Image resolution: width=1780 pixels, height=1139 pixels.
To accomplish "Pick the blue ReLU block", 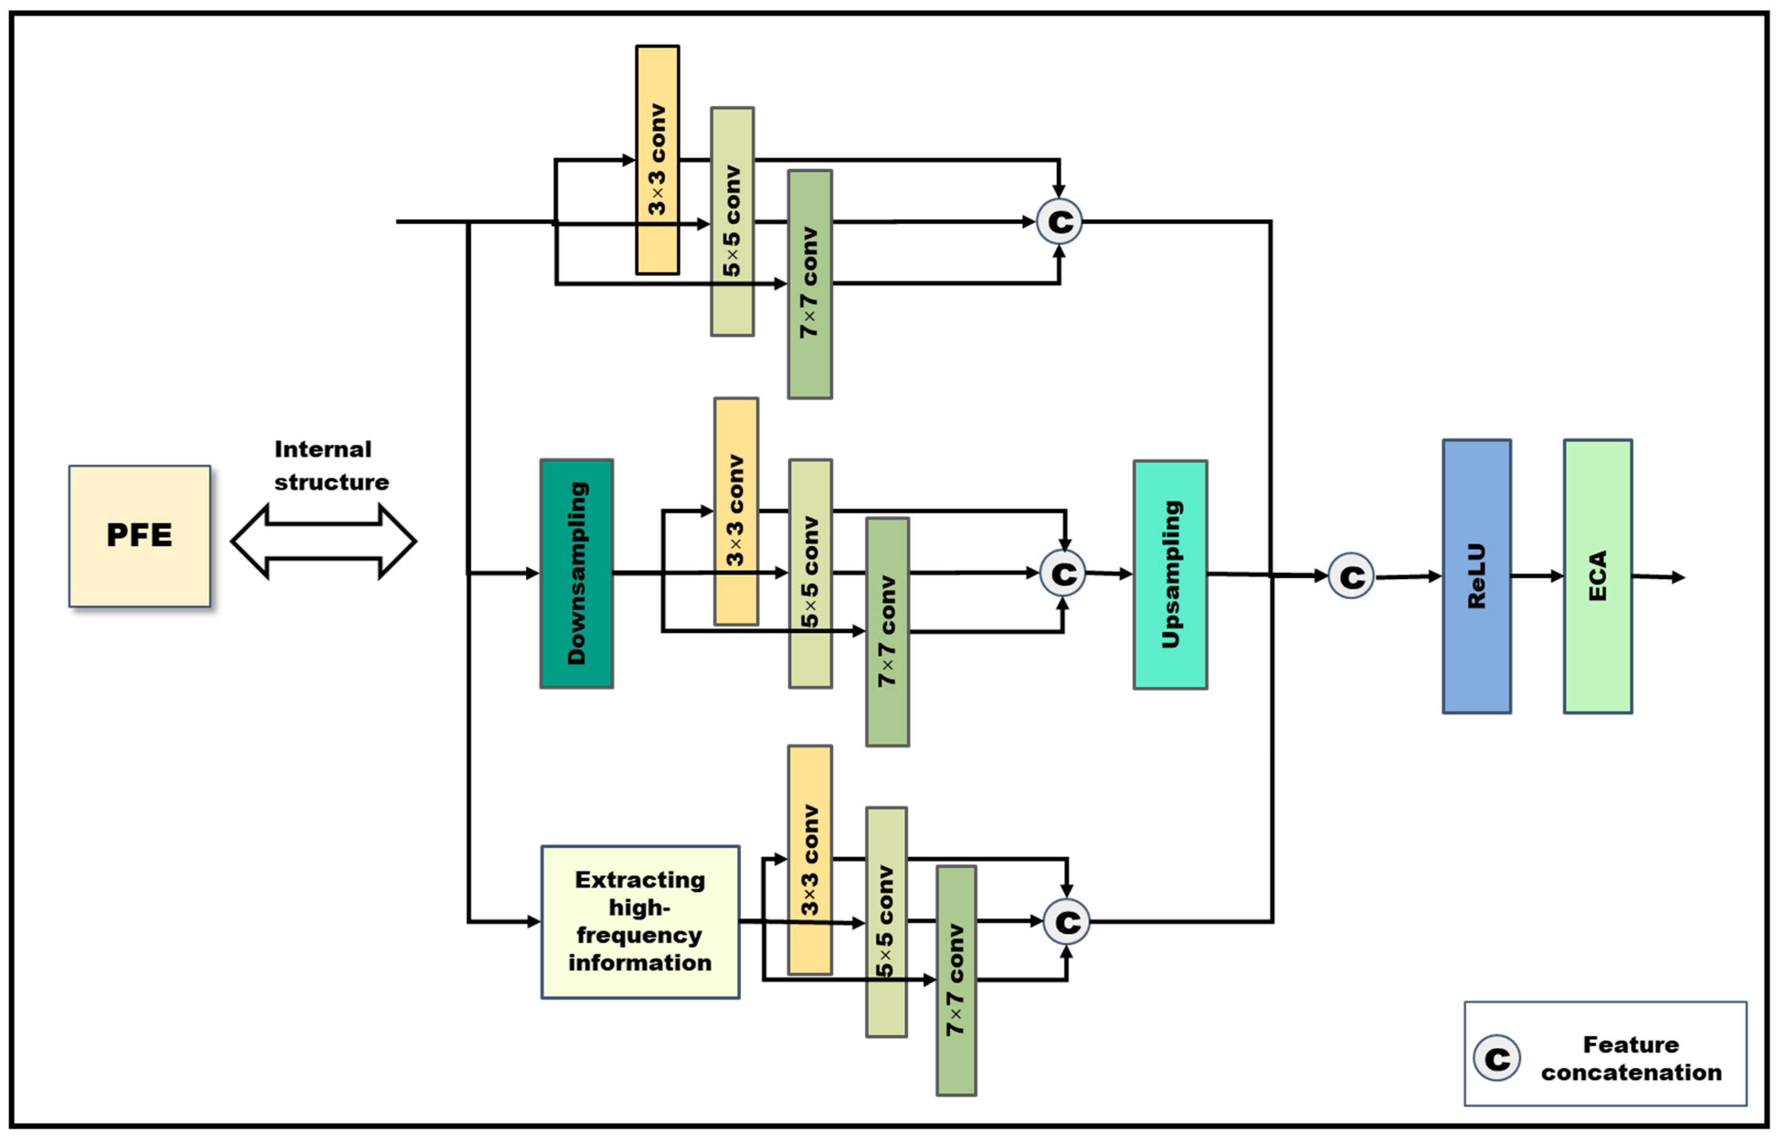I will (x=1476, y=576).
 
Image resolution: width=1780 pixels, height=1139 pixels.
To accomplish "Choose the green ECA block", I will (x=1597, y=576).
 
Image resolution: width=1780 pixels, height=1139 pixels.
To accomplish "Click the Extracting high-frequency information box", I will (x=640, y=921).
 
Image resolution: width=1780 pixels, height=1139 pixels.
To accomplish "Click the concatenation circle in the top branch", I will (x=1059, y=221).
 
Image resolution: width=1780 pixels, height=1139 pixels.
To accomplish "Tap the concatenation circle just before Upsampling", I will (x=1062, y=573).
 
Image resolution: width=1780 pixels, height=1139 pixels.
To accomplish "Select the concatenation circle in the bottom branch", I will (x=1066, y=921).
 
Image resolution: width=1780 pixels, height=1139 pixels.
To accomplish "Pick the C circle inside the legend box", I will (x=1496, y=1058).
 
